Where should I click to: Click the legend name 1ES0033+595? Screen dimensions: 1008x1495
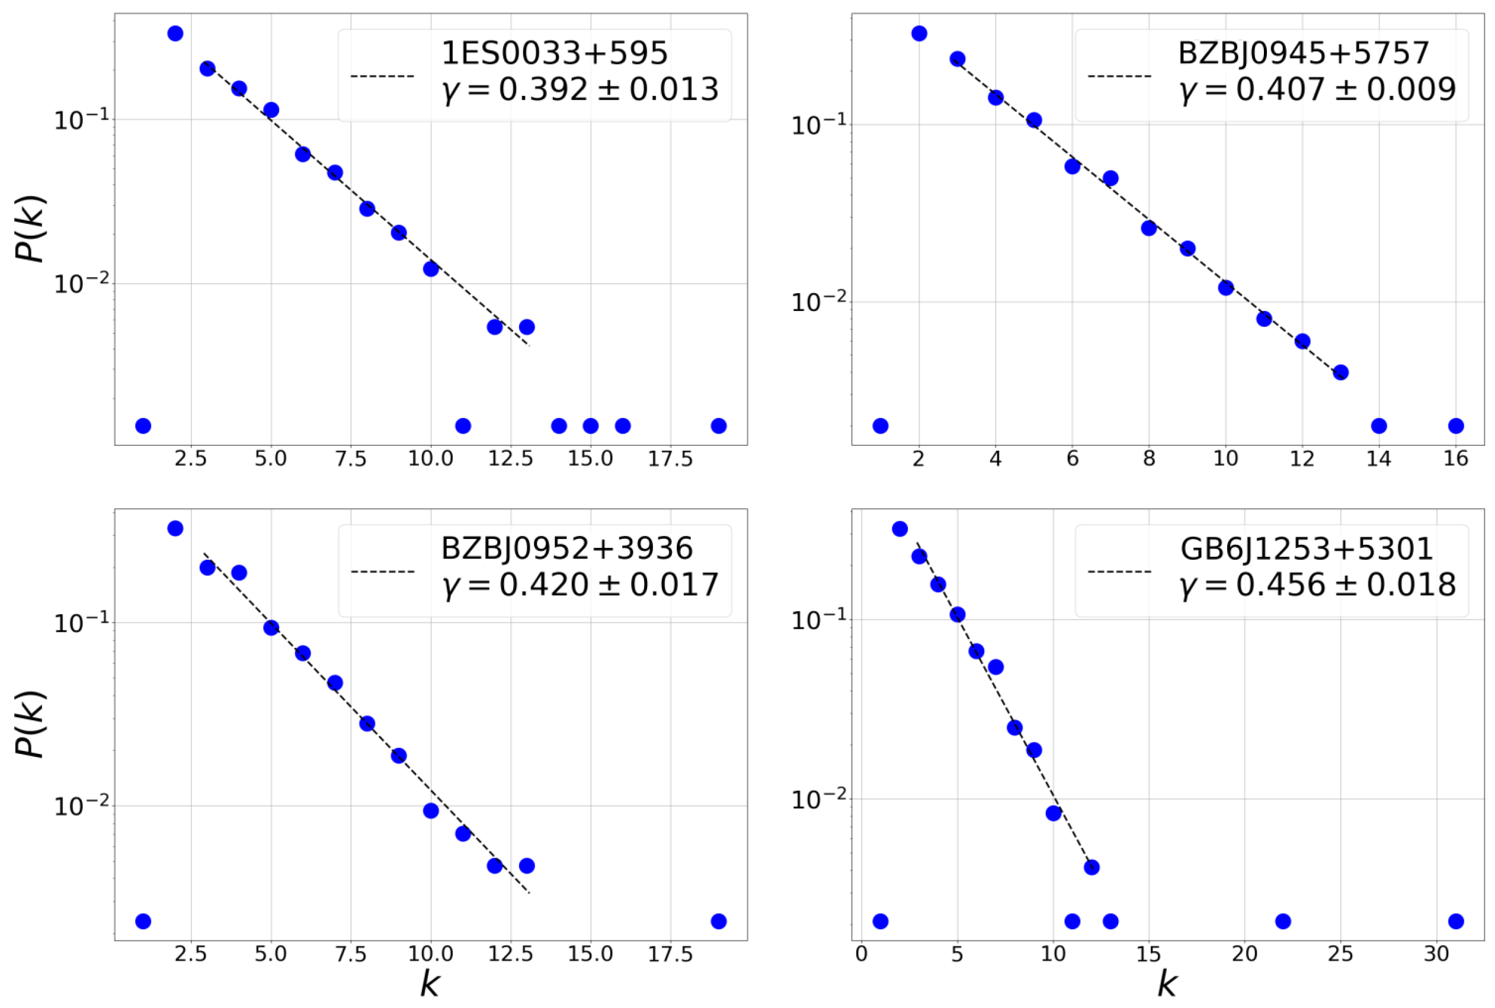[554, 53]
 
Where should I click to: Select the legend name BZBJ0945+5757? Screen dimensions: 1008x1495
[1304, 53]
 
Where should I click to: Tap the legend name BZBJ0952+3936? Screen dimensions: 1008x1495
[566, 548]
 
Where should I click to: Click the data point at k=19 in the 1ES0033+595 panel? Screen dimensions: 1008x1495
[718, 426]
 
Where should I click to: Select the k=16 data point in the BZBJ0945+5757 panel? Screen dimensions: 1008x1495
[1456, 426]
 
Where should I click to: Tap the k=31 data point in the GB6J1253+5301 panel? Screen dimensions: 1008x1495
[1456, 921]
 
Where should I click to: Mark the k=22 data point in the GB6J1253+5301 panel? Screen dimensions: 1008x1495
[1283, 921]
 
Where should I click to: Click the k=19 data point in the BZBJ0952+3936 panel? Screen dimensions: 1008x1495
[718, 921]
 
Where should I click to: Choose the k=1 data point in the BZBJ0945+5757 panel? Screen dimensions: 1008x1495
[881, 426]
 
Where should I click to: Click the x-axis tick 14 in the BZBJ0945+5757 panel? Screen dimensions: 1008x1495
[1379, 459]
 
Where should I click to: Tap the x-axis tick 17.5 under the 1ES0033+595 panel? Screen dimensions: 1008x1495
[670, 459]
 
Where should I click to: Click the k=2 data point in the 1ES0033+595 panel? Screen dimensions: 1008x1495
[175, 33]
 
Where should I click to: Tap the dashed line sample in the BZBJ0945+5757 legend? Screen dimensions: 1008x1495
[1119, 76]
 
